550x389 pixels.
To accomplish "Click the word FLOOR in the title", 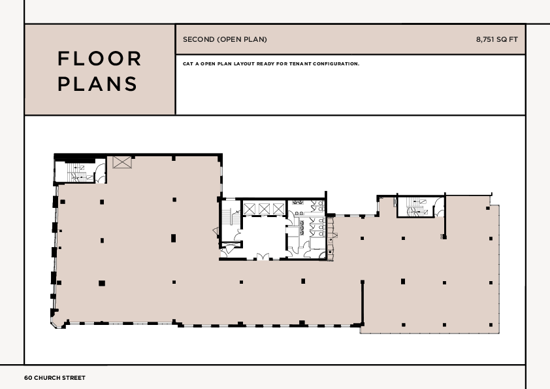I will click(100, 59).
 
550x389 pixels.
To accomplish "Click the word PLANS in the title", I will click(98, 84).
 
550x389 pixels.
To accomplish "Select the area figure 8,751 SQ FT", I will click(496, 40).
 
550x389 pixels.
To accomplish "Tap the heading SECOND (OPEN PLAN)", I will click(225, 40).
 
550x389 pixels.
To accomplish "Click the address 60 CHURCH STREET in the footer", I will click(55, 378).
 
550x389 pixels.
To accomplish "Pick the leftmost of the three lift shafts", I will click(250, 209).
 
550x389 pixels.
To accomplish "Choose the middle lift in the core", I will click(264, 209).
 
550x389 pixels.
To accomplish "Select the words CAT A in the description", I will click(190, 64).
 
